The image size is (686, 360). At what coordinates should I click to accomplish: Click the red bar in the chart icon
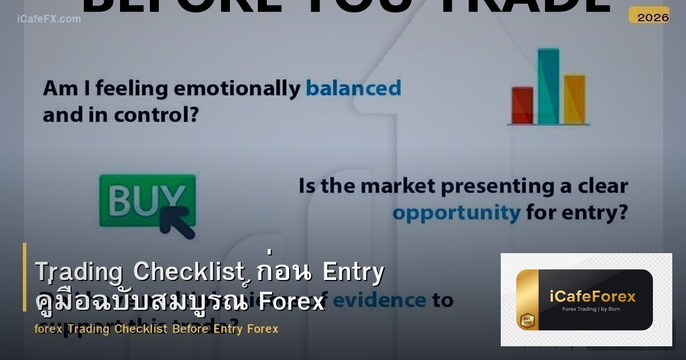(522, 105)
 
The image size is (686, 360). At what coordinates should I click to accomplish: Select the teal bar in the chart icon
(548, 86)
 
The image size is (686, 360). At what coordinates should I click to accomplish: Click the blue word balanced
(353, 89)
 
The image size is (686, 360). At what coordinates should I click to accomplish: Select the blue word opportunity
(456, 213)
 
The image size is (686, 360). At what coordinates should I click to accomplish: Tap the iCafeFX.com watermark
(49, 19)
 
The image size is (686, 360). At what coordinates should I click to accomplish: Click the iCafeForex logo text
(592, 297)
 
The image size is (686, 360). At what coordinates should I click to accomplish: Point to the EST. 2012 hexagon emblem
(527, 320)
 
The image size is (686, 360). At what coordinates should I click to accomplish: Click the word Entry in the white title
(353, 273)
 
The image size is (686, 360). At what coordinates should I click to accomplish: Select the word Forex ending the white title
(291, 301)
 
